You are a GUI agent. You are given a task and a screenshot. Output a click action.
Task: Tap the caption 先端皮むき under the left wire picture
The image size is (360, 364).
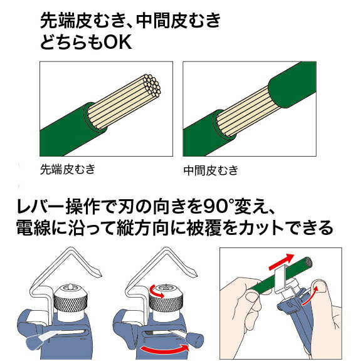coord(68,169)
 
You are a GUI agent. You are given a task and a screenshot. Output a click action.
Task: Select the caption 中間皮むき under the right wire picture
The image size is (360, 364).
coord(211,170)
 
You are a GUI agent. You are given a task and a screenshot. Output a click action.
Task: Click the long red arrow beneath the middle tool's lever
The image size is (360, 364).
coord(165,348)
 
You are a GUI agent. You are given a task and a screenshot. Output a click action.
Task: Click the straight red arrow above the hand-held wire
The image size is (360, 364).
coord(282,261)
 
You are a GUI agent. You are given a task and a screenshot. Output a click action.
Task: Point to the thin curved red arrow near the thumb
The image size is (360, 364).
coord(309,296)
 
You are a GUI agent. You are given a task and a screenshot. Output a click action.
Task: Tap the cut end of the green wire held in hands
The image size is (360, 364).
coord(307,261)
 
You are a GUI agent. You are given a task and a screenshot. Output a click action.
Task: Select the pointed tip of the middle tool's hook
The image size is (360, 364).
coord(195,274)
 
